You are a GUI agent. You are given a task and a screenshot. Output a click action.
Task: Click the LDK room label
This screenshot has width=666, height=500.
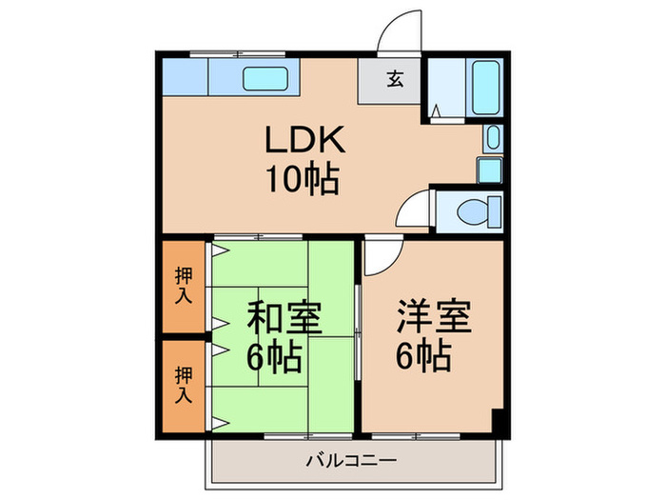click(298, 142)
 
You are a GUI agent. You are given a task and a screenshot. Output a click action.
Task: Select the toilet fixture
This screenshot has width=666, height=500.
click(472, 210)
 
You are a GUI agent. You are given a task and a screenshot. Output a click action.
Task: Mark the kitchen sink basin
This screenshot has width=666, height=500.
click(271, 79)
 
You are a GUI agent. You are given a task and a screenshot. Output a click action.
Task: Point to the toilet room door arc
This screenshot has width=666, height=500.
click(413, 208)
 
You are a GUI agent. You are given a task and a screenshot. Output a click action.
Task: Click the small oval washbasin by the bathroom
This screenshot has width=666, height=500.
click(491, 138)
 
